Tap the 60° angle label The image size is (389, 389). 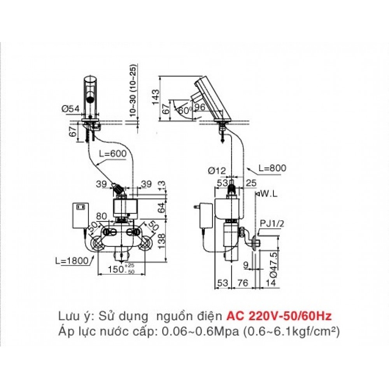183,110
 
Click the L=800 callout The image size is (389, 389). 272,168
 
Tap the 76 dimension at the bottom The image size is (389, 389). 243,283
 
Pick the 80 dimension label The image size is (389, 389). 102,216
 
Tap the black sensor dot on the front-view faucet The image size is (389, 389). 90,100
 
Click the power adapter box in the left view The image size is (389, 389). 81,216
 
